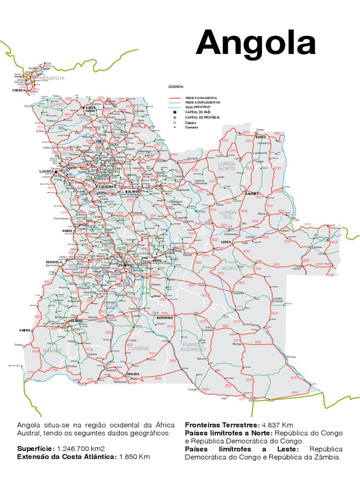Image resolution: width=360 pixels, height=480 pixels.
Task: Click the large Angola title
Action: pos(256,44)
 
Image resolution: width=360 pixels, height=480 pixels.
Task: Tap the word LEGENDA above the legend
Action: pos(176,87)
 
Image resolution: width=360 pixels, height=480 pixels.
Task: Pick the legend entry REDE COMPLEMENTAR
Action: pos(203,102)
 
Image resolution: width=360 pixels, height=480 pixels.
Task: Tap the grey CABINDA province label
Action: pos(54,78)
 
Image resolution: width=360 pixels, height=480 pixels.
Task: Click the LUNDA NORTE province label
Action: pos(227,166)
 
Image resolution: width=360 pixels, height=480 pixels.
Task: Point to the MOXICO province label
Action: pos(232,268)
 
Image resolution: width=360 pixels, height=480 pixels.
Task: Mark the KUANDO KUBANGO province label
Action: pos(194,347)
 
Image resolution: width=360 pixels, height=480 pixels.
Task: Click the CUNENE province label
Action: pos(139,348)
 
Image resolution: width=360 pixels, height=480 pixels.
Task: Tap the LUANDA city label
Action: pos(47,172)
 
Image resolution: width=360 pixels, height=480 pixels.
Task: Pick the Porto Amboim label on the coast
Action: pos(61,218)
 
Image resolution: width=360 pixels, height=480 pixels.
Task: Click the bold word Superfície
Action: pos(35,448)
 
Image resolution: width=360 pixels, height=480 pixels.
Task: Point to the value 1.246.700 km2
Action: pos(84,448)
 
